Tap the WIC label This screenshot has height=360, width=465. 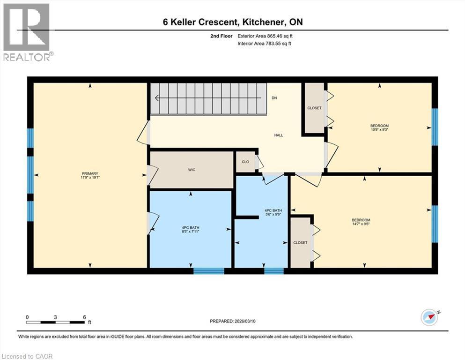tap(192, 170)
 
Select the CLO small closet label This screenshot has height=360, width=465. tap(245, 162)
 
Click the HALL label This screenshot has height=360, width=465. tap(279, 135)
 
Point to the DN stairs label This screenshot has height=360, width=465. tap(274, 98)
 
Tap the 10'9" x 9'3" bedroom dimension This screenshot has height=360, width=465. tap(379, 130)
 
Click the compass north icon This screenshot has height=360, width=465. tap(429, 317)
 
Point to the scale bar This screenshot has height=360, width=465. tap(56, 322)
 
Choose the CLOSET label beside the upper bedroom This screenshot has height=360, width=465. tap(314, 108)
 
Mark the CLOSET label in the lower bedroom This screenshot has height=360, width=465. tap(300, 243)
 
